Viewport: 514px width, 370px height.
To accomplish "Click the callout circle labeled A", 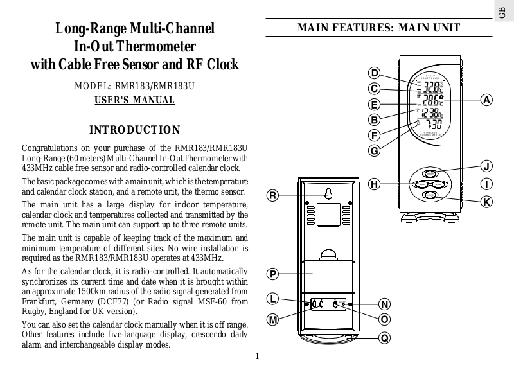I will tap(487, 100).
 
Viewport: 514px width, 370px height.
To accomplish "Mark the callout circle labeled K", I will tap(488, 202).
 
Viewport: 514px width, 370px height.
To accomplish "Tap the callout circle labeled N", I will tap(384, 304).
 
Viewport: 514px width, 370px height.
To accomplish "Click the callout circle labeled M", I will tap(273, 319).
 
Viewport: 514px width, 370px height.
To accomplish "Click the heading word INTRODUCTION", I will tap(135, 130).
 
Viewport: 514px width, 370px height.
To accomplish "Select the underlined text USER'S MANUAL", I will tap(135, 101).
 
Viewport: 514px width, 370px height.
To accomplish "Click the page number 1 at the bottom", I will tap(256, 357).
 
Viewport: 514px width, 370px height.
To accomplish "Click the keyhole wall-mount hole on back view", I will tap(328, 194).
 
